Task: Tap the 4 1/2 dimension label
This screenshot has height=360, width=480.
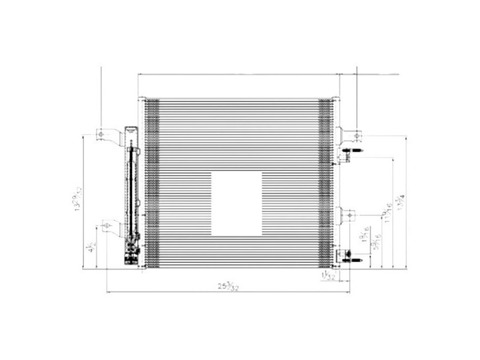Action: point(91,247)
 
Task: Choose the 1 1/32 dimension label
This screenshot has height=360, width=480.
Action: point(328,275)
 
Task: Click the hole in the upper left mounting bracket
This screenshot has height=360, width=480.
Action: point(101,133)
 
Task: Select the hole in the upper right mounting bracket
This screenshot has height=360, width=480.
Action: point(355,132)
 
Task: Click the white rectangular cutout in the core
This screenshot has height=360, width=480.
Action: point(236,203)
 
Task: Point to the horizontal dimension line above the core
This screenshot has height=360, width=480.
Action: point(240,75)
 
